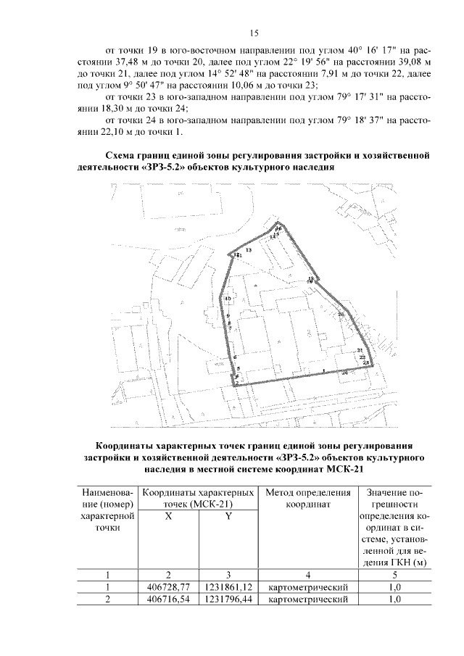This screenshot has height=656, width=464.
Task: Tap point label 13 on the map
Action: pos(249,250)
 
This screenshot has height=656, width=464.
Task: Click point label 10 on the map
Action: pos(227,299)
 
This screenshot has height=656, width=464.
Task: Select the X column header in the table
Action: pos(168,517)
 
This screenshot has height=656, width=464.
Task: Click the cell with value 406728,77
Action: pos(168,586)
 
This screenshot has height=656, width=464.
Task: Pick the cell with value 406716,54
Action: pos(168,599)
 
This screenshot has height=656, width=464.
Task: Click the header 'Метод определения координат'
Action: pos(308,498)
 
